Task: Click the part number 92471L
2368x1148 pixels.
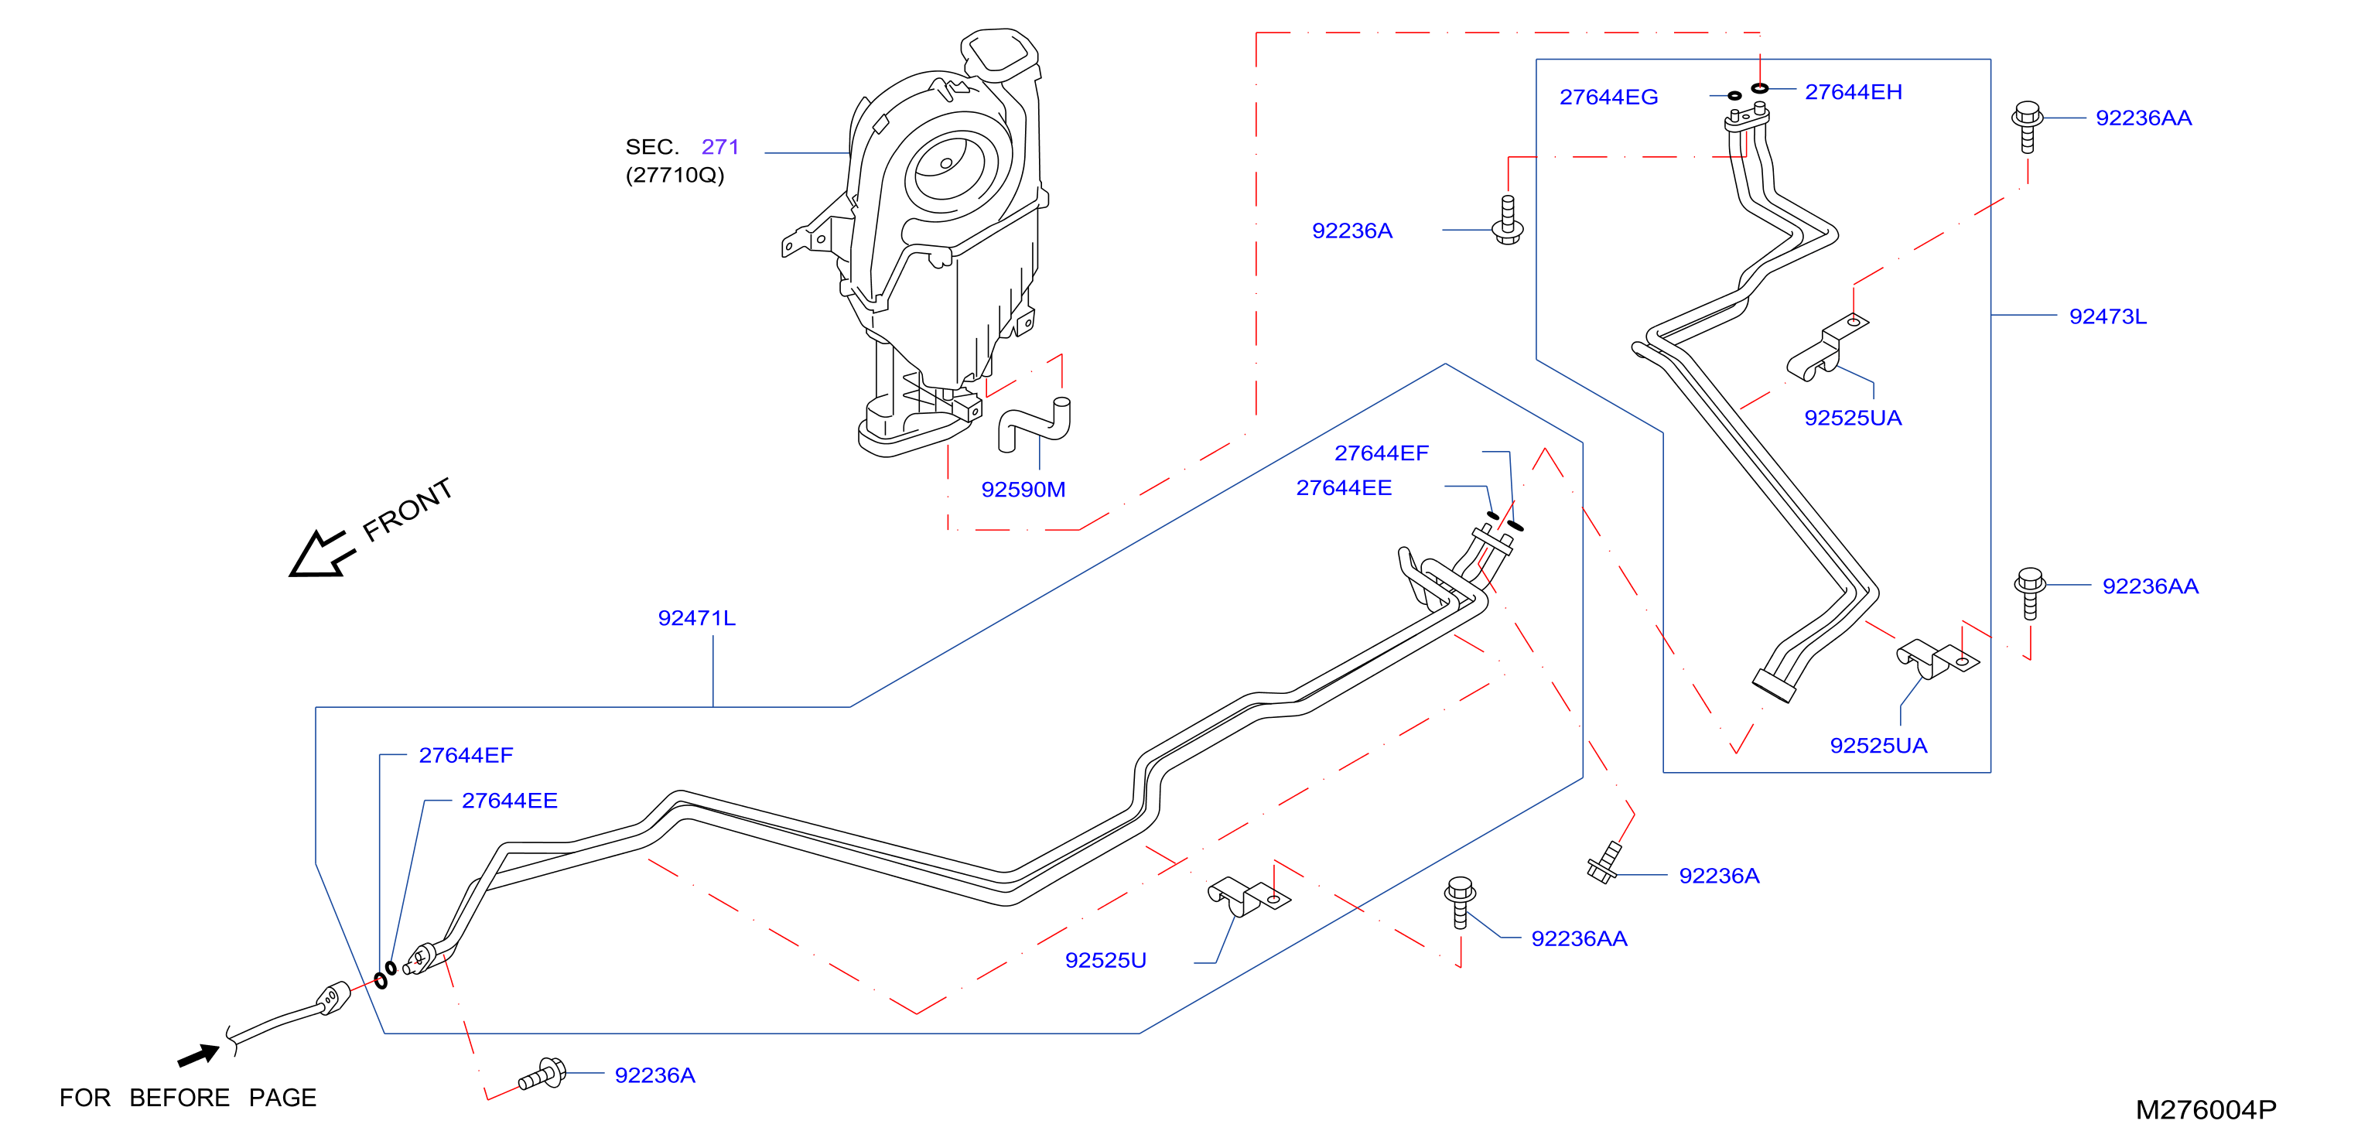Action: [x=696, y=617]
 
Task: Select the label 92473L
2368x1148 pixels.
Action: [x=2107, y=316]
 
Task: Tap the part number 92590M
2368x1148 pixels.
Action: [x=1023, y=489]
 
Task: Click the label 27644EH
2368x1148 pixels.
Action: [x=1854, y=92]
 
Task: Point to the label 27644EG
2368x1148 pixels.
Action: [x=1608, y=97]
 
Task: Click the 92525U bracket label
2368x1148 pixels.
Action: [x=1105, y=959]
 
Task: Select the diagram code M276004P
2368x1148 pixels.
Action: [x=2206, y=1109]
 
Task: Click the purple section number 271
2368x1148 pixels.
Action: [x=719, y=146]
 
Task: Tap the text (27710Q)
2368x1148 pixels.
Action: [x=675, y=175]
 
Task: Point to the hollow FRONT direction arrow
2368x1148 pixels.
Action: [x=322, y=554]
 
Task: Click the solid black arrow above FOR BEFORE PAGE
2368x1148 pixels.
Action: [x=199, y=1055]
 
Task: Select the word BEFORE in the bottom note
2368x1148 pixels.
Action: [x=179, y=1098]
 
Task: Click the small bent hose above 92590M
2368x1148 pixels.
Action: [x=1034, y=424]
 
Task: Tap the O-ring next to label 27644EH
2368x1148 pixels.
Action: [x=1759, y=88]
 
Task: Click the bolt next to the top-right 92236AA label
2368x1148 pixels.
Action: [x=2027, y=127]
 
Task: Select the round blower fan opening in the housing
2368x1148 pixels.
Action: [x=947, y=165]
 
